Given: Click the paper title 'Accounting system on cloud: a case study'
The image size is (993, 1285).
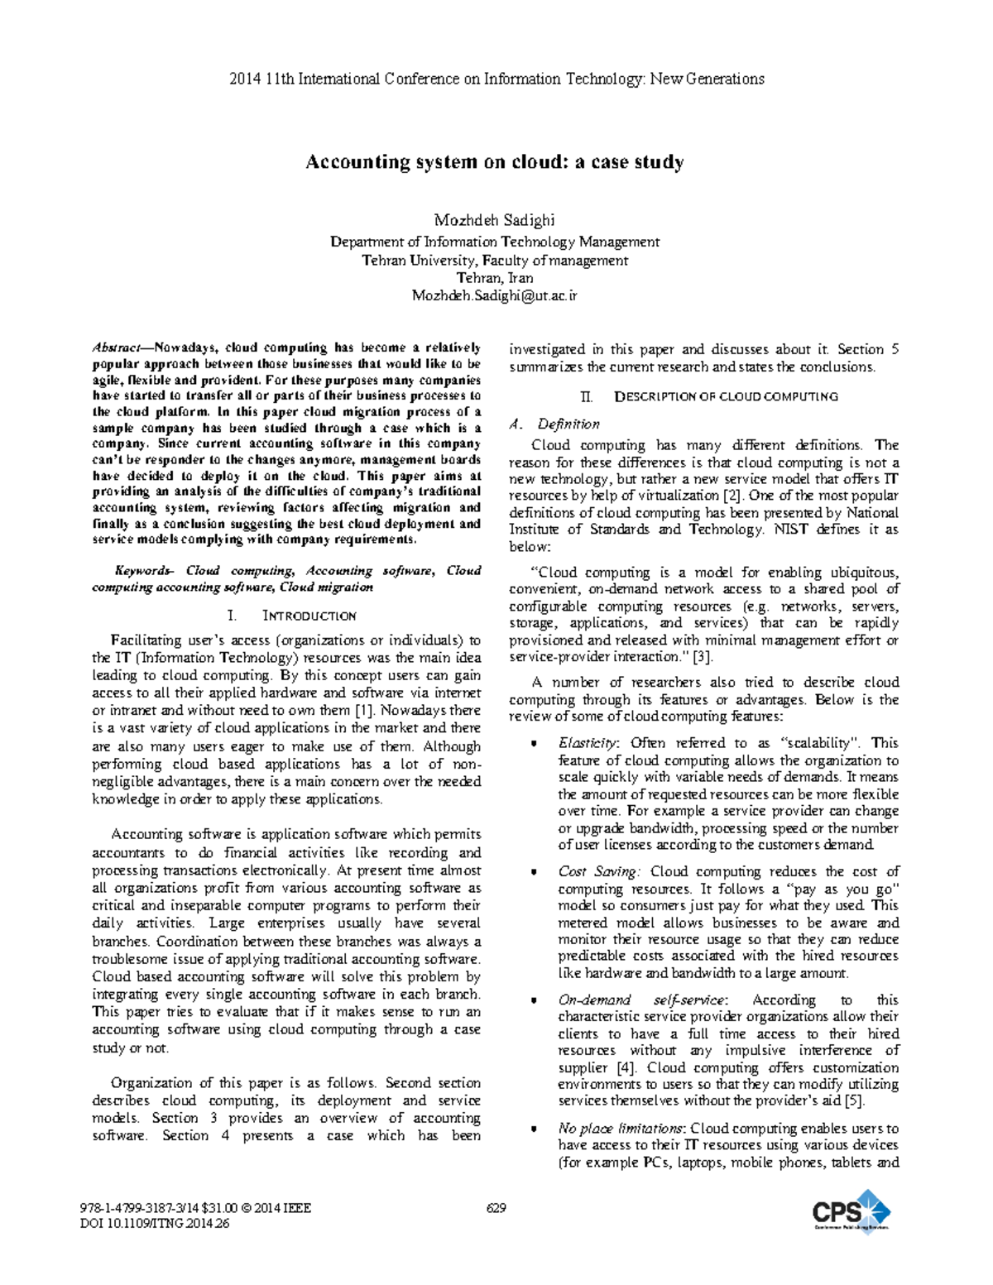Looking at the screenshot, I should click(x=495, y=161).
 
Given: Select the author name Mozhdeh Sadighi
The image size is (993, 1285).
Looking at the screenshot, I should click(x=495, y=220).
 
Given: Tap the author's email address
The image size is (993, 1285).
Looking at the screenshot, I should click(x=495, y=295).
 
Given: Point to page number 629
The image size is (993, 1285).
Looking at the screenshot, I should click(x=496, y=1208).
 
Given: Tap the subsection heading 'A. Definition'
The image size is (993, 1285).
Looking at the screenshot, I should click(x=554, y=424).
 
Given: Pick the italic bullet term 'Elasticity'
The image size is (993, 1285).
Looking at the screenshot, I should click(x=588, y=743).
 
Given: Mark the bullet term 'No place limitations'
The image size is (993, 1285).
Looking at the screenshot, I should click(x=621, y=1129).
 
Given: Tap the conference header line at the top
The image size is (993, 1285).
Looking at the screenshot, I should click(x=496, y=79).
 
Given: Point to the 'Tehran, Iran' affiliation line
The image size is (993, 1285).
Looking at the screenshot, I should click(x=495, y=278).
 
